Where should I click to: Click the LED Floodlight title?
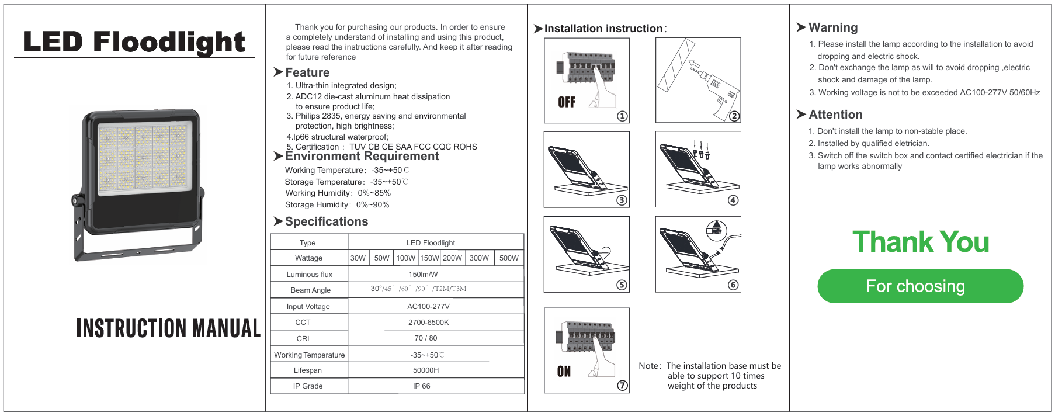tap(134, 42)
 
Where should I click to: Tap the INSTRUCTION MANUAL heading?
tap(168, 328)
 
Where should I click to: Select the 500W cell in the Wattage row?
tap(509, 258)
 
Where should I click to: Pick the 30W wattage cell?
tap(358, 258)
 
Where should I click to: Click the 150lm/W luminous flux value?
tap(423, 274)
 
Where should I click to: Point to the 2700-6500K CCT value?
tap(428, 323)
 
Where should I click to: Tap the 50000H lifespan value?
tap(426, 370)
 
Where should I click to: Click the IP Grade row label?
tap(308, 386)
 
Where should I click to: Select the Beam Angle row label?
tap(310, 290)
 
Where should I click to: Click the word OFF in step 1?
tap(567, 102)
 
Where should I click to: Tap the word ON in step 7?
tap(564, 372)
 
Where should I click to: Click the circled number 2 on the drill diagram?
tap(734, 116)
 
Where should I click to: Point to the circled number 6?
tap(733, 285)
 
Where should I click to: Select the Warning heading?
tap(833, 27)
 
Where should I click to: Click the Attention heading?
tap(835, 115)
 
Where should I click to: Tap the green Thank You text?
tap(921, 242)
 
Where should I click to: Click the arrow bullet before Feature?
tap(278, 72)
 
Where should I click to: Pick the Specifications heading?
tap(326, 221)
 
